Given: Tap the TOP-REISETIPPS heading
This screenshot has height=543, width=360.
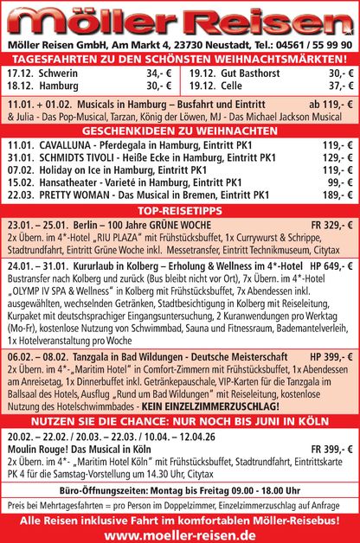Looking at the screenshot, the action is [180, 210].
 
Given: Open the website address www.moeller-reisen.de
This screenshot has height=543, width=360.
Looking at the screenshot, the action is [180, 535].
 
